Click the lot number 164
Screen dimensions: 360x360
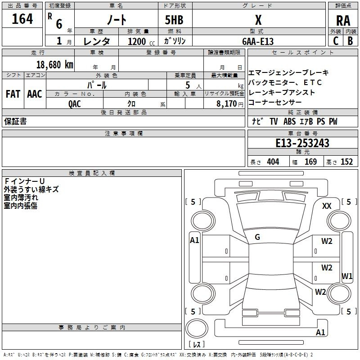(x=22, y=19)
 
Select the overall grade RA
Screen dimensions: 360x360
(x=343, y=21)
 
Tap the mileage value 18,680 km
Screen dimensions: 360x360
(x=54, y=64)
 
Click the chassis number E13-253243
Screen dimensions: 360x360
(x=302, y=143)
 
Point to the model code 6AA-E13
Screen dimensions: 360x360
(x=258, y=41)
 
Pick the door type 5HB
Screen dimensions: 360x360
(x=174, y=20)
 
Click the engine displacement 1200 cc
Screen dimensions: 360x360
(x=141, y=41)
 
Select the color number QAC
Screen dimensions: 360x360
(x=74, y=104)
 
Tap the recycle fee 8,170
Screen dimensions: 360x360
(x=227, y=103)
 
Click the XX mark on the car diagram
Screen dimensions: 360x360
(x=327, y=206)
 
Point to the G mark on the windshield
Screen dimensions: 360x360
(x=257, y=237)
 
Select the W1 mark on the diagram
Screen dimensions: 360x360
(x=346, y=276)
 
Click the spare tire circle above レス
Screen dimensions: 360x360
(x=197, y=328)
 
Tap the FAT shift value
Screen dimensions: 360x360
(x=13, y=94)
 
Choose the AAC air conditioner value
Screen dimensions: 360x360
(x=35, y=94)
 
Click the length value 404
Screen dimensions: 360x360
(x=273, y=162)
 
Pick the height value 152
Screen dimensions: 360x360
(x=346, y=162)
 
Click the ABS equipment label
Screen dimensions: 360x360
(x=289, y=121)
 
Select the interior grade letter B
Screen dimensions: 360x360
(x=350, y=41)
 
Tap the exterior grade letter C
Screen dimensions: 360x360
(x=336, y=41)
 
